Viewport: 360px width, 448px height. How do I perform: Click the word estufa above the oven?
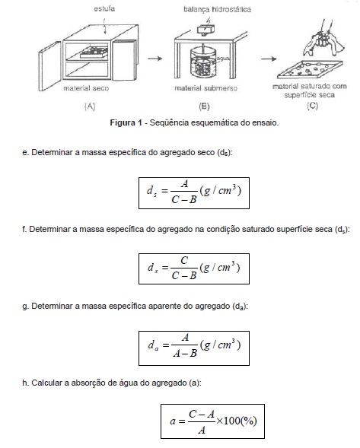104,8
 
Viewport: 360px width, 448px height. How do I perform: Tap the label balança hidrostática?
217,9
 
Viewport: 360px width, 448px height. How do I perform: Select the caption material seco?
86,88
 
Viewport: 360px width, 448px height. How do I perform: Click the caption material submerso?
206,88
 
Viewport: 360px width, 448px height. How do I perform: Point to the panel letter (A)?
90,106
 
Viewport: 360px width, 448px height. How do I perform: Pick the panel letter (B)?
204,106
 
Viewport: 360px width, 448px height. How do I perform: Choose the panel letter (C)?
313,106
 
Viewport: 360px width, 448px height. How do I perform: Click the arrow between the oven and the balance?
155,59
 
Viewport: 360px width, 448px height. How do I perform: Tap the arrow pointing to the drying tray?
269,59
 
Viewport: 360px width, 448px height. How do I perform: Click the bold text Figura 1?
126,123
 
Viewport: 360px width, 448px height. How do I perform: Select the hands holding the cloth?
323,38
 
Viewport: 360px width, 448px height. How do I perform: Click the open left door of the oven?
49,66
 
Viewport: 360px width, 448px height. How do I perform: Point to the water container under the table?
204,63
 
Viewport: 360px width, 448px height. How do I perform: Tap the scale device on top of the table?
206,30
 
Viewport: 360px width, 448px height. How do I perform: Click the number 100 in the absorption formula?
231,421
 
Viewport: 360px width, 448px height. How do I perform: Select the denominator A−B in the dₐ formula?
185,354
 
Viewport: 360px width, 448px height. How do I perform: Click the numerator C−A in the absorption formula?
202,414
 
